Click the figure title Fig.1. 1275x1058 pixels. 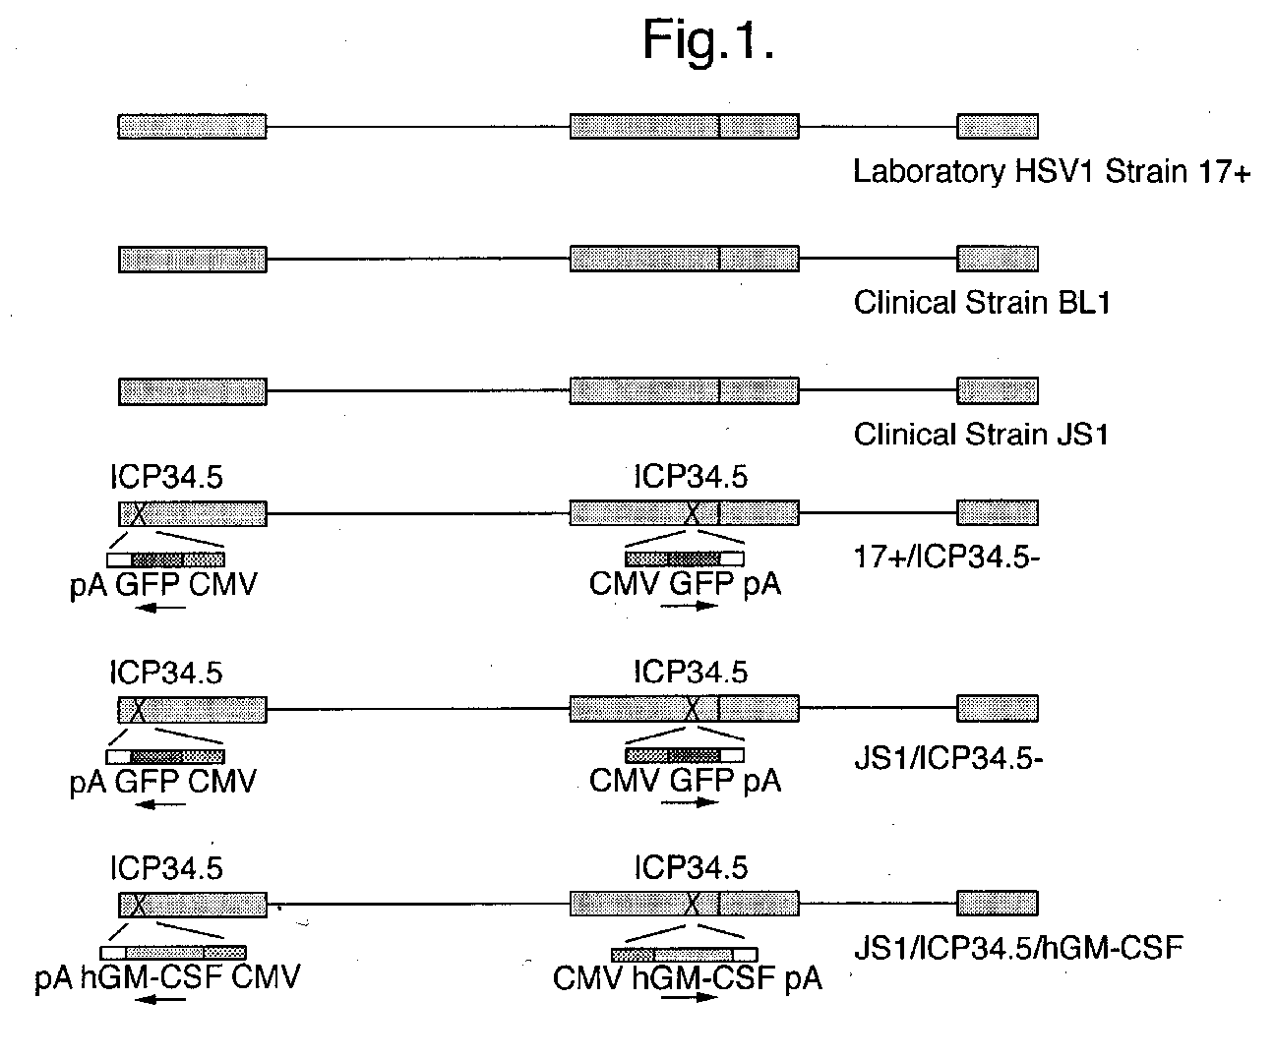(707, 42)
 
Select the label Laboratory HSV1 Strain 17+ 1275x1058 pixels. (1051, 172)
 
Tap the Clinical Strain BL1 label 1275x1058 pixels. (982, 302)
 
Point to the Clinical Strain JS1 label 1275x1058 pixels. (981, 434)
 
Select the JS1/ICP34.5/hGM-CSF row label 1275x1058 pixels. (1017, 949)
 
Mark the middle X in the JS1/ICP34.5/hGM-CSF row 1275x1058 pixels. (694, 903)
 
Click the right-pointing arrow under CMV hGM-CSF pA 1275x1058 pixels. (689, 996)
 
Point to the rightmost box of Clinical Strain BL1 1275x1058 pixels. (997, 259)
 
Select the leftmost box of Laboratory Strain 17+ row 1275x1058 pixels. (192, 126)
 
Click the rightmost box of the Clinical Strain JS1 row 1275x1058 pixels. (997, 390)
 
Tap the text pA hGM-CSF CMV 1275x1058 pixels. (167, 976)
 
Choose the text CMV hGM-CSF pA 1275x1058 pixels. (687, 978)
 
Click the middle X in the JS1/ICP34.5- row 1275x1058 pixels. (694, 708)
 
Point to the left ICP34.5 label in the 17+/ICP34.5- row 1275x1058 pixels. (166, 477)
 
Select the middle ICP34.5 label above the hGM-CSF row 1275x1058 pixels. (691, 867)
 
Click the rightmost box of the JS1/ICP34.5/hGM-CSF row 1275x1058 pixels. (997, 903)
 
